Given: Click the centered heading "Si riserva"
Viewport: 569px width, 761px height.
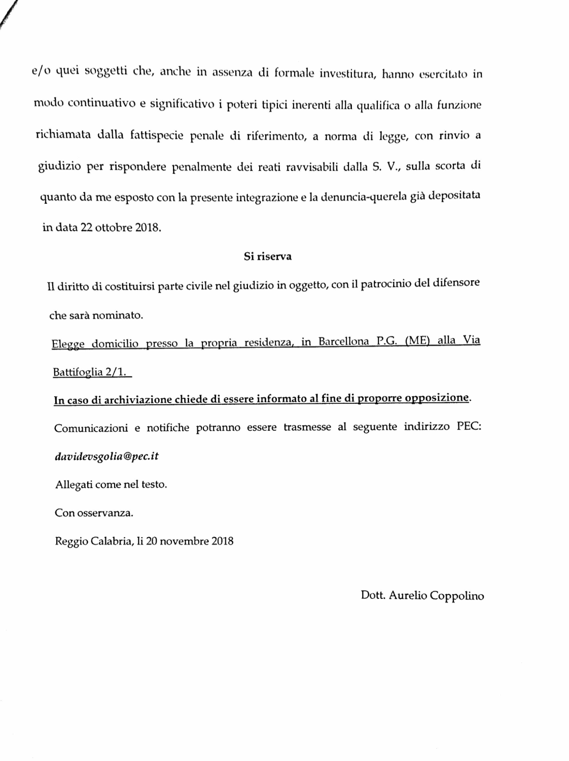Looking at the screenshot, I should pos(267,256).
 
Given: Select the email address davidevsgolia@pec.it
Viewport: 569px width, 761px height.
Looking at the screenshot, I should pos(106,456).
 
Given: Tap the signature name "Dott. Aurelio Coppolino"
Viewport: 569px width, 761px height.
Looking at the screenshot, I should pos(422,595).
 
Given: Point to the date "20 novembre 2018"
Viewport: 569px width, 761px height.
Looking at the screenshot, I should pos(190,541).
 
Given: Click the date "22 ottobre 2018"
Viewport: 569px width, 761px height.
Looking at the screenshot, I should pos(120,227).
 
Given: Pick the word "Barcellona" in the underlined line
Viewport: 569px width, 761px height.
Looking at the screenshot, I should pos(343,341).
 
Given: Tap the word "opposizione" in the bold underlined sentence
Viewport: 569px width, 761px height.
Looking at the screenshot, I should pos(437,398).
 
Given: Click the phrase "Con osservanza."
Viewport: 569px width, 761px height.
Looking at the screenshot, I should pos(94,513).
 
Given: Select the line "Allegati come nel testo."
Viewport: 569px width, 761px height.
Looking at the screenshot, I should pos(111,484).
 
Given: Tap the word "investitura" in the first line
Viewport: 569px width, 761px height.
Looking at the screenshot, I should pos(347,74).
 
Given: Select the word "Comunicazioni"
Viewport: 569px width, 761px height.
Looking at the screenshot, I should pos(91,428).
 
